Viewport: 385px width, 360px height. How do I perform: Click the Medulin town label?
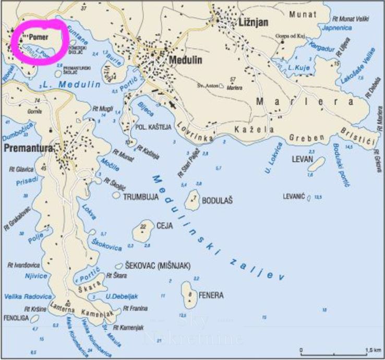186,60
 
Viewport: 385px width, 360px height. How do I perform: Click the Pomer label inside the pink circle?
39,37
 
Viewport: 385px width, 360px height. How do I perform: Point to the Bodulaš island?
194,199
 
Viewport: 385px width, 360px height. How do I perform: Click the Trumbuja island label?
140,198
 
